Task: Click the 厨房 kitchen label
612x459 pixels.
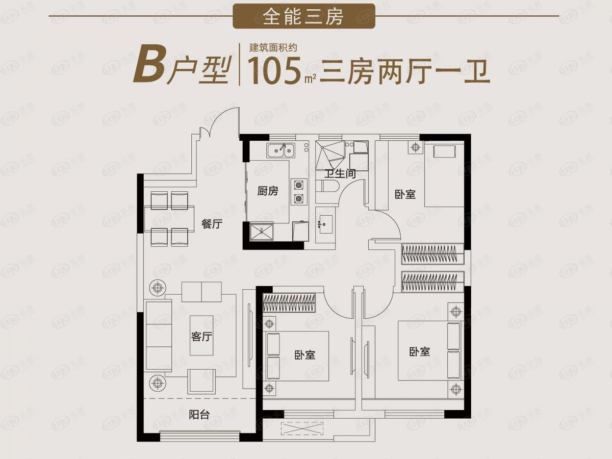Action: (x=268, y=191)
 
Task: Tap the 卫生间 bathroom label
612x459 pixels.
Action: (x=340, y=174)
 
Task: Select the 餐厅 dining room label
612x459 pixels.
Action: (x=212, y=224)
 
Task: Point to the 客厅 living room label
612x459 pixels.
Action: (x=201, y=337)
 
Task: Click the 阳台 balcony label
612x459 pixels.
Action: (x=199, y=415)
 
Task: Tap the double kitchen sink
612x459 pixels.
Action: (x=280, y=150)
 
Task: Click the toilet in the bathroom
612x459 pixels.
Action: (x=327, y=186)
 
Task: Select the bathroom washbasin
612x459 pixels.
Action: (x=325, y=224)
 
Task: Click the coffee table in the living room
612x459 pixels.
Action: (x=201, y=335)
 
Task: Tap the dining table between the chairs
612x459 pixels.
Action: (x=169, y=219)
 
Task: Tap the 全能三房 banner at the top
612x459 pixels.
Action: (x=304, y=16)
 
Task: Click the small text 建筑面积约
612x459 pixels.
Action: (x=273, y=48)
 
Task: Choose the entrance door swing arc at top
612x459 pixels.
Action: (x=223, y=117)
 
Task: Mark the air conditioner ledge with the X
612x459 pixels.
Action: (x=302, y=428)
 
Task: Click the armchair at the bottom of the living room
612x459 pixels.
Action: (x=201, y=381)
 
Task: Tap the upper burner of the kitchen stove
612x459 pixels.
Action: (x=299, y=185)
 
